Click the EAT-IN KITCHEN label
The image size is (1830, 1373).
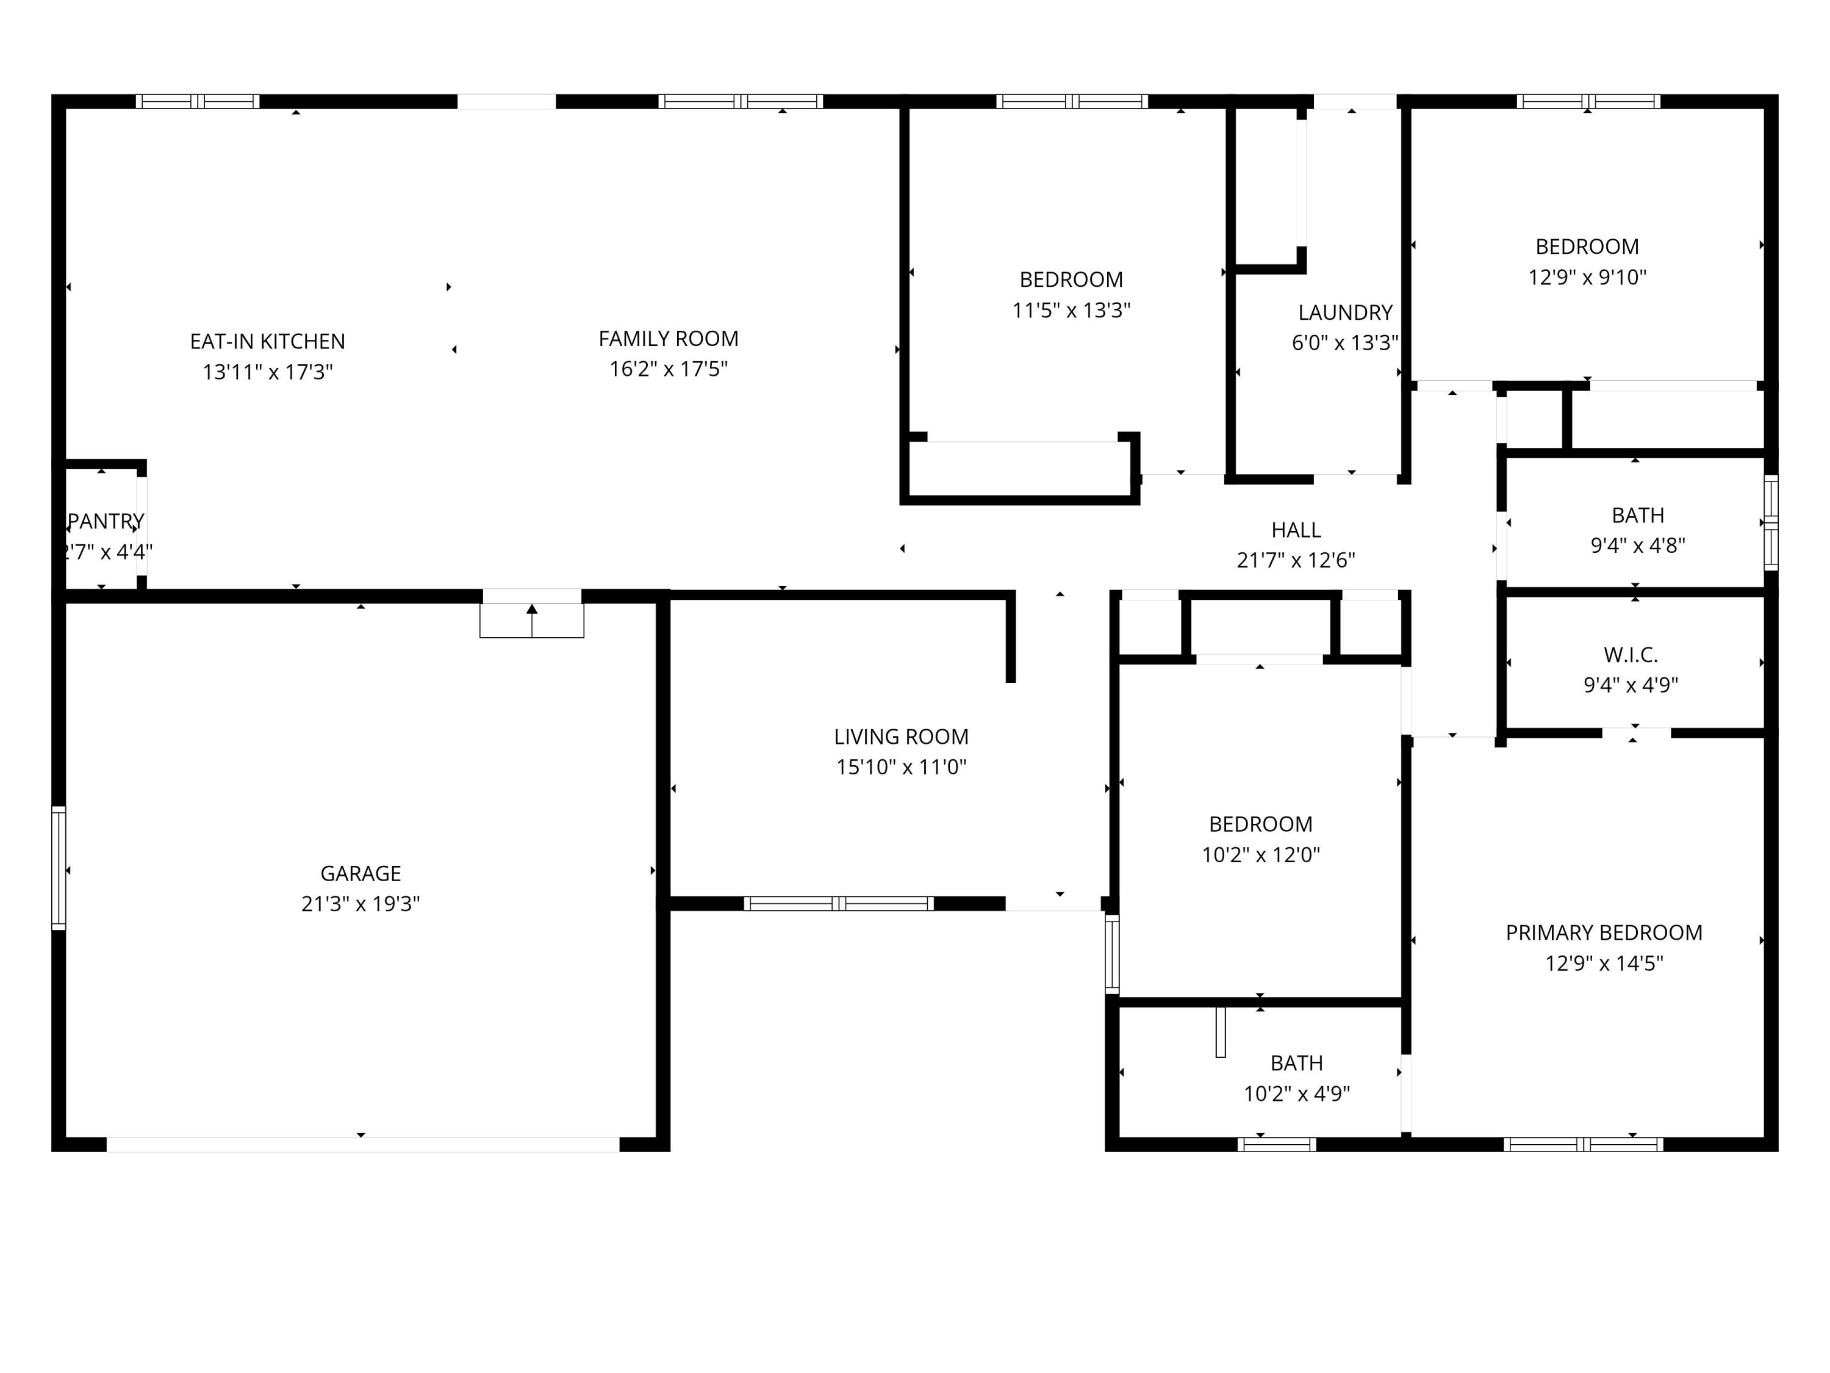coord(267,341)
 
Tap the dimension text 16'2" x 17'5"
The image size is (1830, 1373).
coord(669,369)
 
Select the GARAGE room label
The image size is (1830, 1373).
coord(361,873)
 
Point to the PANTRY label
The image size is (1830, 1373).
coord(106,521)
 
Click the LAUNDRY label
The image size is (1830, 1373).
coord(1345,313)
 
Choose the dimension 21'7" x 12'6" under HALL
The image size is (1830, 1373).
coord(1296,560)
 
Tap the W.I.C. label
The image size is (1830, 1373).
coord(1631,655)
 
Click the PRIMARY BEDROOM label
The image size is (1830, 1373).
coord(1603,932)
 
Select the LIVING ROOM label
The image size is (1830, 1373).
coord(901,737)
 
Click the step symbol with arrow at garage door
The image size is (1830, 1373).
coord(532,620)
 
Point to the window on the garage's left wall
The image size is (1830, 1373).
coord(59,867)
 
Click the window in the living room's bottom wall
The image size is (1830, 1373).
coord(839,904)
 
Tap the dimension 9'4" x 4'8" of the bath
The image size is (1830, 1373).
coord(1637,546)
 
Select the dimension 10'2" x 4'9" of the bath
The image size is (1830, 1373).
coord(1296,1094)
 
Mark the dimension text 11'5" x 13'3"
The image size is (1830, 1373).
coord(1071,311)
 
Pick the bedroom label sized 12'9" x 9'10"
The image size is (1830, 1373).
coord(1587,247)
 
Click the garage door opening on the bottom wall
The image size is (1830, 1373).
coord(362,1145)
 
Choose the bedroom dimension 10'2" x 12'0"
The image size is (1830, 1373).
coord(1260,855)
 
